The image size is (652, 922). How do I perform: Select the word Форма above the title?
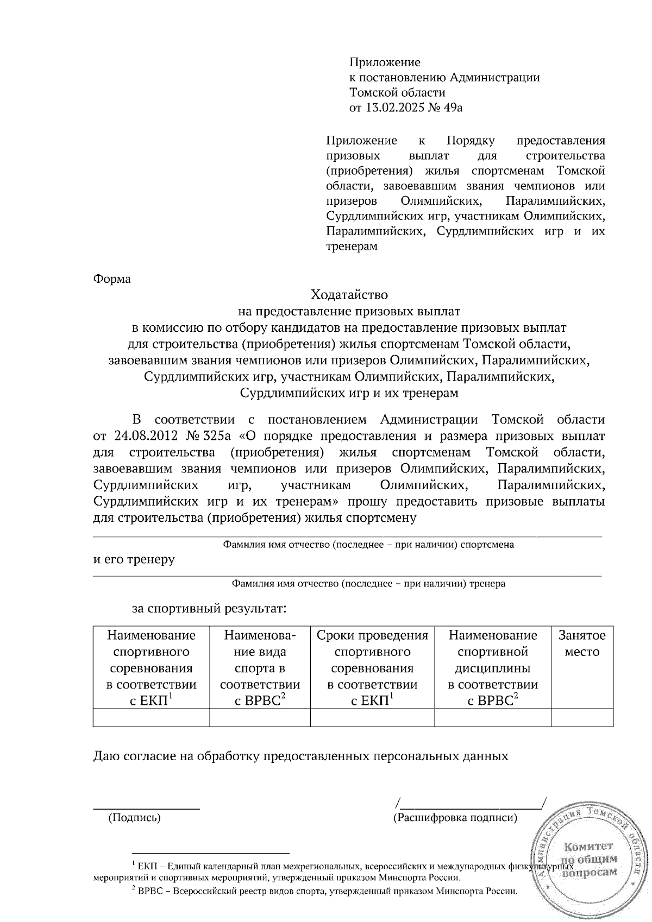tap(112, 279)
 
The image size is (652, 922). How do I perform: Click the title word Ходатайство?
tap(349, 295)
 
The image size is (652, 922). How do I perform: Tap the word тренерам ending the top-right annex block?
tap(352, 247)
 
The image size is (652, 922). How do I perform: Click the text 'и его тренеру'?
tap(134, 559)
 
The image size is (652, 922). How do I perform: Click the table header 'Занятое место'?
tap(582, 643)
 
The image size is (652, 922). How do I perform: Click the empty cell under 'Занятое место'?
tap(582, 718)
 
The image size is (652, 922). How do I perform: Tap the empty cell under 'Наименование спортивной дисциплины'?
tap(493, 718)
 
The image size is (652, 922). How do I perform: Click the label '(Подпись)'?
tap(134, 817)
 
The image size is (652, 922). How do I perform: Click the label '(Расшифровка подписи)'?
tap(455, 817)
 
